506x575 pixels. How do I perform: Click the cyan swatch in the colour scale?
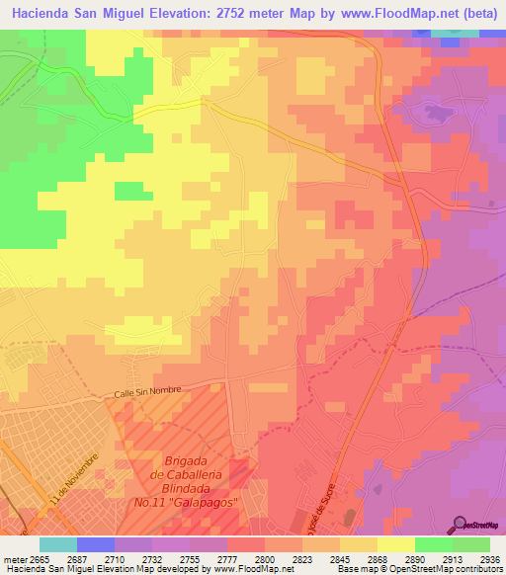click(x=58, y=544)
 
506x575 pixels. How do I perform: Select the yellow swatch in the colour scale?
click(x=396, y=544)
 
